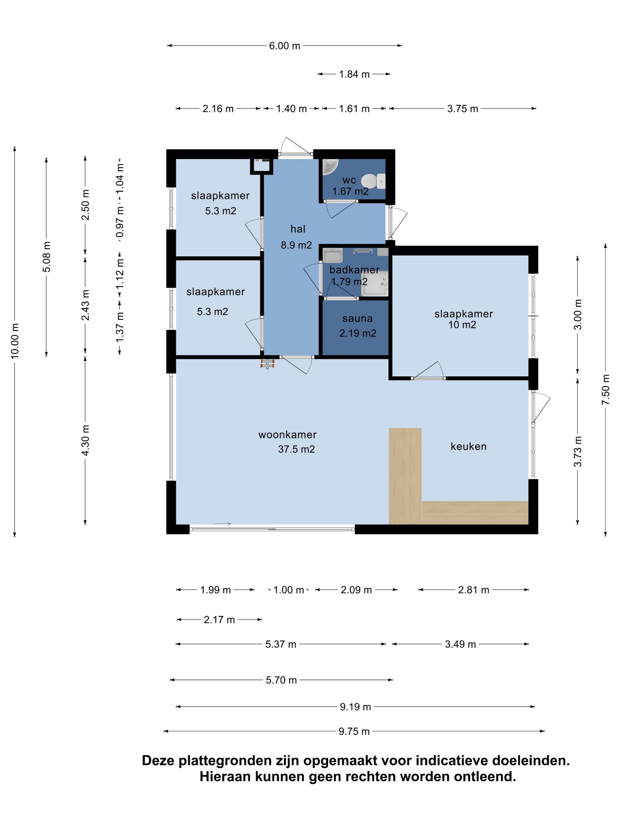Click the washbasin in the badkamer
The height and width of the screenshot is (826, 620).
click(x=332, y=256)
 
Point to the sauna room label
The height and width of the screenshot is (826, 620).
click(x=357, y=319)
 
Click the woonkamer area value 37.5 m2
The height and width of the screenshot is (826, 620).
click(x=296, y=449)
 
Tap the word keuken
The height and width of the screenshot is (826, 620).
click(x=468, y=446)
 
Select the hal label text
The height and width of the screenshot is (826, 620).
click(x=298, y=229)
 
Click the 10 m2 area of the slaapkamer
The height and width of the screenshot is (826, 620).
click(x=462, y=324)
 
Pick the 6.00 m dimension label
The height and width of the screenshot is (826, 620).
click(x=284, y=45)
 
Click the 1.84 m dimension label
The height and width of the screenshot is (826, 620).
click(x=354, y=74)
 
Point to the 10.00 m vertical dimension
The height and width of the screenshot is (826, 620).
click(x=14, y=341)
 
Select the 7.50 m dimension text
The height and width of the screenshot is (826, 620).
click(x=606, y=389)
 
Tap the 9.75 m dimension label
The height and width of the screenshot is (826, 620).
click(x=354, y=731)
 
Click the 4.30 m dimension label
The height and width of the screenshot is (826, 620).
click(x=85, y=440)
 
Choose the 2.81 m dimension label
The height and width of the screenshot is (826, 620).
click(x=474, y=590)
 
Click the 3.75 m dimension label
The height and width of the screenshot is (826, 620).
click(x=463, y=109)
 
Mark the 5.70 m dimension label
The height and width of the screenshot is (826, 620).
click(x=281, y=680)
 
